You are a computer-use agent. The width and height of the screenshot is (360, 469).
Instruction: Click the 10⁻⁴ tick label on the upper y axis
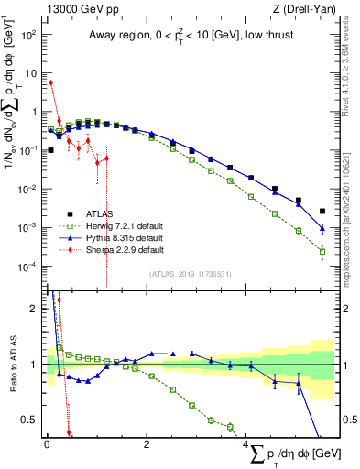27,267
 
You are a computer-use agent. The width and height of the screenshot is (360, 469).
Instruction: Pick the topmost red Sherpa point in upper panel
51,82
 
